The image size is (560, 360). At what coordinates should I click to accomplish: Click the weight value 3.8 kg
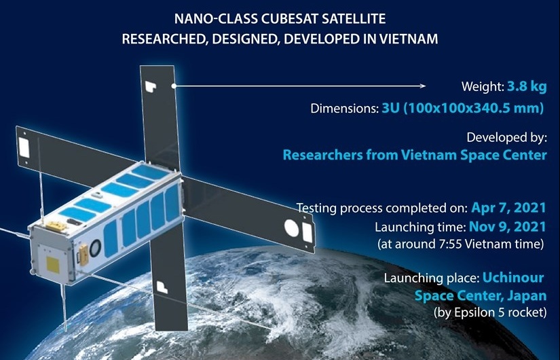tap(527, 86)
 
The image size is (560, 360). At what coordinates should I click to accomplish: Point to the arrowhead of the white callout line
tap(423, 86)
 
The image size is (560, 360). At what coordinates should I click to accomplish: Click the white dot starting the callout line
tap(174, 86)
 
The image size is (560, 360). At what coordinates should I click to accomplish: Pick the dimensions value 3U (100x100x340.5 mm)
tap(463, 108)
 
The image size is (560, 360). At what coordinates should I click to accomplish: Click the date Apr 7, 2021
tap(508, 207)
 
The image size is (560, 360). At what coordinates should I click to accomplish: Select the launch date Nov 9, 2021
tap(507, 226)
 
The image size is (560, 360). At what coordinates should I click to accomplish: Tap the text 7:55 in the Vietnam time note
tap(446, 244)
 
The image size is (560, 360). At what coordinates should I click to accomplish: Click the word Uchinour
tap(513, 277)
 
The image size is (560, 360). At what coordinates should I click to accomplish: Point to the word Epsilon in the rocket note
tap(474, 312)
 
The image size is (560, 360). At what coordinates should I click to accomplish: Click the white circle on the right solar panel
tap(291, 228)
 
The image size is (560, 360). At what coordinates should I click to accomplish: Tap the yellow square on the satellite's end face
tap(52, 264)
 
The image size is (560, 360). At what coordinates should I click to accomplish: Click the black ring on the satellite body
tap(95, 248)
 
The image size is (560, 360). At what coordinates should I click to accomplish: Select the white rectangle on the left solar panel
tap(24, 148)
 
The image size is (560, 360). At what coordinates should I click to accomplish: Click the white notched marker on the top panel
tap(151, 86)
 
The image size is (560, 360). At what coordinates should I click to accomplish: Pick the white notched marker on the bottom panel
tap(162, 287)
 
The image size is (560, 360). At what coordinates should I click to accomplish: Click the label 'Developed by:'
tap(506, 138)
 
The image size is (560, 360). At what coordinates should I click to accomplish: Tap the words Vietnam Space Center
tap(474, 155)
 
